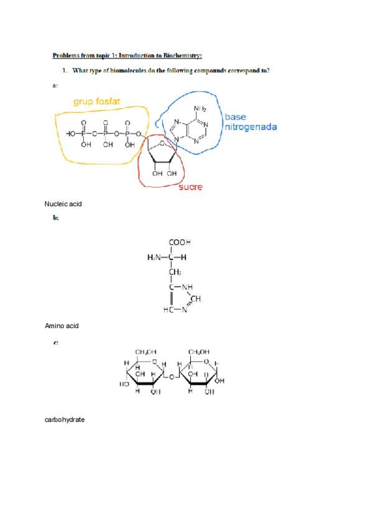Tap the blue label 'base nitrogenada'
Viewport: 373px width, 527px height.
click(x=250, y=122)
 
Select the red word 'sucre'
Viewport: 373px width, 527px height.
click(x=190, y=187)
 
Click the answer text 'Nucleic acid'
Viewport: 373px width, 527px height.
click(x=63, y=204)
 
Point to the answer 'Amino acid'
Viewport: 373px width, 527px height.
click(x=62, y=326)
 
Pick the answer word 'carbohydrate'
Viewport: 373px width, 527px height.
click(x=65, y=419)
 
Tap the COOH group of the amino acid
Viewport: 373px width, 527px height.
click(x=179, y=243)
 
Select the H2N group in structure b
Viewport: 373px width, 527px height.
click(x=155, y=257)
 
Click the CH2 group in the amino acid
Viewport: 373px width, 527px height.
click(x=175, y=272)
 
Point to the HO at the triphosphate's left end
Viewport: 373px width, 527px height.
click(x=71, y=134)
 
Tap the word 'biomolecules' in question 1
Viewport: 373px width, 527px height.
click(x=132, y=70)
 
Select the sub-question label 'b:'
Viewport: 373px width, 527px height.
click(x=56, y=218)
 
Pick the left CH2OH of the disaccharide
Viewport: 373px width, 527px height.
click(x=145, y=352)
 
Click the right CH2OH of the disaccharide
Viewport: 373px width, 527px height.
click(x=199, y=352)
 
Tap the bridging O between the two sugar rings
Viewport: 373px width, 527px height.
click(x=172, y=377)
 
